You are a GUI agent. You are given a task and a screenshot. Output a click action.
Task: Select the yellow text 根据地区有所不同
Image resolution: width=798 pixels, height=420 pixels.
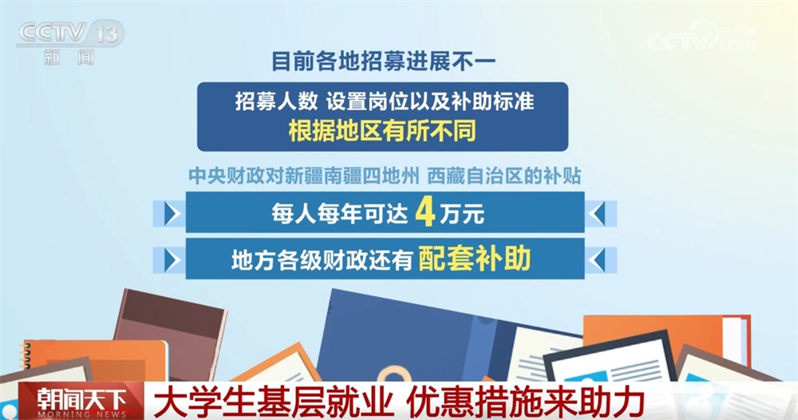click(x=382, y=129)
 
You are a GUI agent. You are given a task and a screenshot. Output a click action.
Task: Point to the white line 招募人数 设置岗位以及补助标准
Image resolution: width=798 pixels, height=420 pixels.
click(x=382, y=102)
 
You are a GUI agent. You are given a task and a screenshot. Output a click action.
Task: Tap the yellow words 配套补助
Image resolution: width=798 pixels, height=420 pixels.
click(x=474, y=259)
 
